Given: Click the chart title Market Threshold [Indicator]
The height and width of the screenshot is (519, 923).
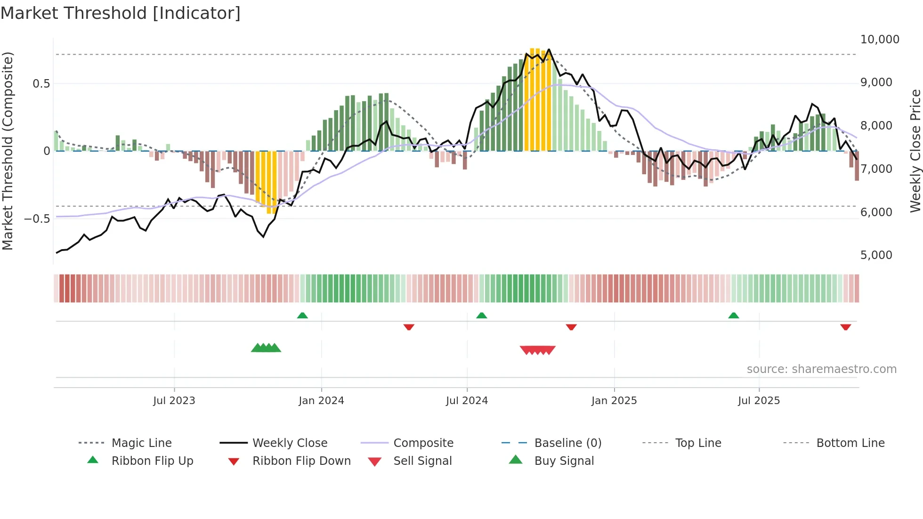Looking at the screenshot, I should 121,13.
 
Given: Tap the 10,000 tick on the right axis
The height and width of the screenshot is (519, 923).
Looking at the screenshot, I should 879,40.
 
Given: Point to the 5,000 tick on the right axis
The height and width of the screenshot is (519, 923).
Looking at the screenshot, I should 876,255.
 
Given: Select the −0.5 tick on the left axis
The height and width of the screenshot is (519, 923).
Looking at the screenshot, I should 37,219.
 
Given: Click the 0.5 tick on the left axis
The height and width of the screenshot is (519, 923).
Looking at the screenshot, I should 41,84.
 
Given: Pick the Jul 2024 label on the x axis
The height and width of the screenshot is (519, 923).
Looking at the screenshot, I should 467,401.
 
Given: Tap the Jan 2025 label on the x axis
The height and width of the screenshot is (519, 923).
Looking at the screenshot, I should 614,401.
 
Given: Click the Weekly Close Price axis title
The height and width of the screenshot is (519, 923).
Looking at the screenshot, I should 915,151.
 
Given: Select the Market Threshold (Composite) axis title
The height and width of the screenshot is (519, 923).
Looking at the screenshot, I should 8,151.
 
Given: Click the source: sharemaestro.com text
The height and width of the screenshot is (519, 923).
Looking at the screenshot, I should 821,369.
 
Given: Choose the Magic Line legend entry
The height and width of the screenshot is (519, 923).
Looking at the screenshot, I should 141,443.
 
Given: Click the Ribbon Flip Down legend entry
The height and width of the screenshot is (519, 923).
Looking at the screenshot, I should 301,461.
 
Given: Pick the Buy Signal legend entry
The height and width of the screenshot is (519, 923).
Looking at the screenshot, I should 564,461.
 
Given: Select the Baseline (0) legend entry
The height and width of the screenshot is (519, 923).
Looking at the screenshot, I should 567,443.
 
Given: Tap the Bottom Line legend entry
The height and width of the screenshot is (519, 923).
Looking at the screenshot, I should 850,443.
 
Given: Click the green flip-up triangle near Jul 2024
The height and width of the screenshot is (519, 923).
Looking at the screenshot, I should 481,316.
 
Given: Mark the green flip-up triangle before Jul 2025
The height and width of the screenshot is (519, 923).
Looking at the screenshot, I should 733,316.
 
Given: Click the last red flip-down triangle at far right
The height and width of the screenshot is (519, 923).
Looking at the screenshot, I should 845,327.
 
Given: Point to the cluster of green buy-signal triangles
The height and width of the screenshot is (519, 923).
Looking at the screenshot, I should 266,348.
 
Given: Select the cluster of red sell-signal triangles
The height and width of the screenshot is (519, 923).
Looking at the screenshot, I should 537,350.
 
